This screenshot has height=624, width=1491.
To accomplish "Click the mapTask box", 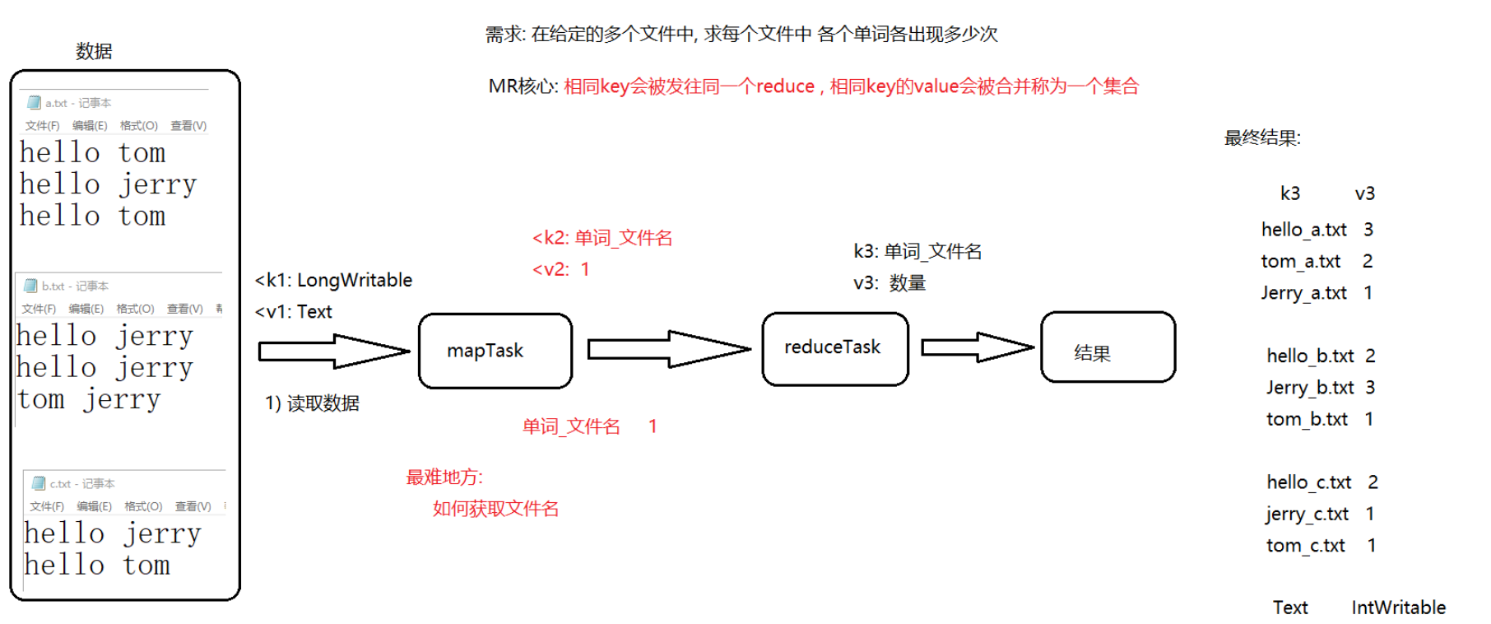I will coord(495,351).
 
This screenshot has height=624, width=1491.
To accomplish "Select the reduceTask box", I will coord(834,348).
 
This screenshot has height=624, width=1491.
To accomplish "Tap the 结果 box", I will coord(1108,347).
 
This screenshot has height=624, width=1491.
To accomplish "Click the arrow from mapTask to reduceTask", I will coord(667,349).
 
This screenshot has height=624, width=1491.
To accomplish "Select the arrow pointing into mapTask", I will coord(333,352).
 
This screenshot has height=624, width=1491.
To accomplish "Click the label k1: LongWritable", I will coord(334,280).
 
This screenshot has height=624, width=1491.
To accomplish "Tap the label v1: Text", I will coord(294,312).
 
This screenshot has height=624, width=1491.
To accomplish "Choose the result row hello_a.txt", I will coord(1304,230).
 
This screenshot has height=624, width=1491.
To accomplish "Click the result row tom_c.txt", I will coord(1306,546).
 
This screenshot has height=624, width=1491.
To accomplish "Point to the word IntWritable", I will coord(1398,608).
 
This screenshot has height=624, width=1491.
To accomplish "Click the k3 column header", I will coord(1289,193).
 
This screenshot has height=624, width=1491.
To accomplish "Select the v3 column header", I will coord(1364,193).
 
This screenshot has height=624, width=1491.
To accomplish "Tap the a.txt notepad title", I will coord(77,103).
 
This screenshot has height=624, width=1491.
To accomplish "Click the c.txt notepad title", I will coord(81,483).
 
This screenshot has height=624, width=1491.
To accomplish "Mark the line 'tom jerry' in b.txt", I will coord(89,400).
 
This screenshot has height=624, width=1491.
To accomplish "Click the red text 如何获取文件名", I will coord(495,509).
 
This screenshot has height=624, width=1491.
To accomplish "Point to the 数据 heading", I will coord(94,51).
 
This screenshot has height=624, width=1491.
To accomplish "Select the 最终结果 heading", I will coord(1261,138).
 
